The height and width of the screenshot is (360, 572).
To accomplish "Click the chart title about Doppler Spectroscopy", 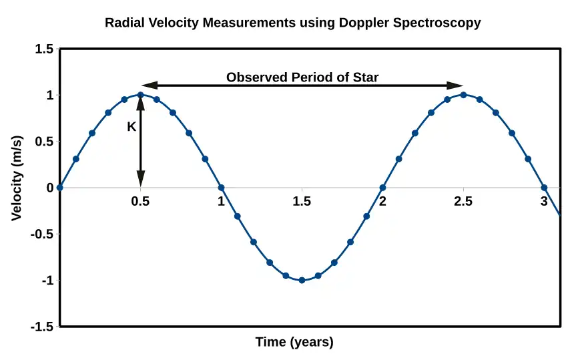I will [292, 23].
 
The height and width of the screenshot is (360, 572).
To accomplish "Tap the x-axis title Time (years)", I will [294, 343].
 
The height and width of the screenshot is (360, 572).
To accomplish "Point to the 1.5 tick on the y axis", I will [43, 49].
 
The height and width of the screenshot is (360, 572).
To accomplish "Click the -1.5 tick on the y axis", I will [41, 327].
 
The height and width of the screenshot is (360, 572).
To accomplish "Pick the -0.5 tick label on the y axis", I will [41, 234].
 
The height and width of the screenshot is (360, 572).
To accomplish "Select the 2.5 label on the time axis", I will [463, 201].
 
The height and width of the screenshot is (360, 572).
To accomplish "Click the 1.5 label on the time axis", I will [302, 201].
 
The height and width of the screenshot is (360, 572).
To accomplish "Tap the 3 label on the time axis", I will [544, 201].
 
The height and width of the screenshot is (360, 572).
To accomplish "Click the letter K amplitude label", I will [131, 126].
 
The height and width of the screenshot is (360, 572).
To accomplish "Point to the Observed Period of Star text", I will [302, 77].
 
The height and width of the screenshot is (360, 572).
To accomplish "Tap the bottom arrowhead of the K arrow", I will [140, 180].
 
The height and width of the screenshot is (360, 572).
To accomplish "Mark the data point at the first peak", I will [140, 95].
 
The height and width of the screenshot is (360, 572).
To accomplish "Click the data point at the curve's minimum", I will [302, 281].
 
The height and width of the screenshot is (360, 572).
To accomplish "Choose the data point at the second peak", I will [463, 95].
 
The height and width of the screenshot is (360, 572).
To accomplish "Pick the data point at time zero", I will [59, 188].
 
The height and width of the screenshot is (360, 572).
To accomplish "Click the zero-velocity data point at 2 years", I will [382, 188].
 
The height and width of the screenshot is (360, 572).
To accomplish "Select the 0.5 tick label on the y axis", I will [43, 142].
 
